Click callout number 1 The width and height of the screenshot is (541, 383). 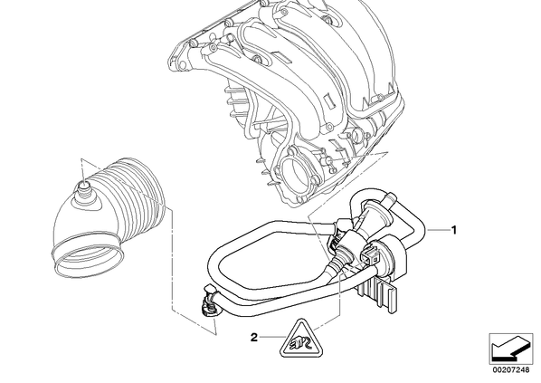pos(454,230)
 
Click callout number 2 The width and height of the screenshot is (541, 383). pos(254,338)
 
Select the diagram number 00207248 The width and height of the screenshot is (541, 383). pos(510,370)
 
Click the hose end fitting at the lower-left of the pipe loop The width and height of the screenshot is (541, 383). pos(209,300)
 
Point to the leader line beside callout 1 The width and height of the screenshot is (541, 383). pos(438,230)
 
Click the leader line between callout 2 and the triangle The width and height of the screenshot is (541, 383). pos(272,338)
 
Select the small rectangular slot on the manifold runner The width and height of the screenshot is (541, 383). pos(328,100)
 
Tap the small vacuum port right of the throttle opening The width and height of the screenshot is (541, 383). pos(327,160)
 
